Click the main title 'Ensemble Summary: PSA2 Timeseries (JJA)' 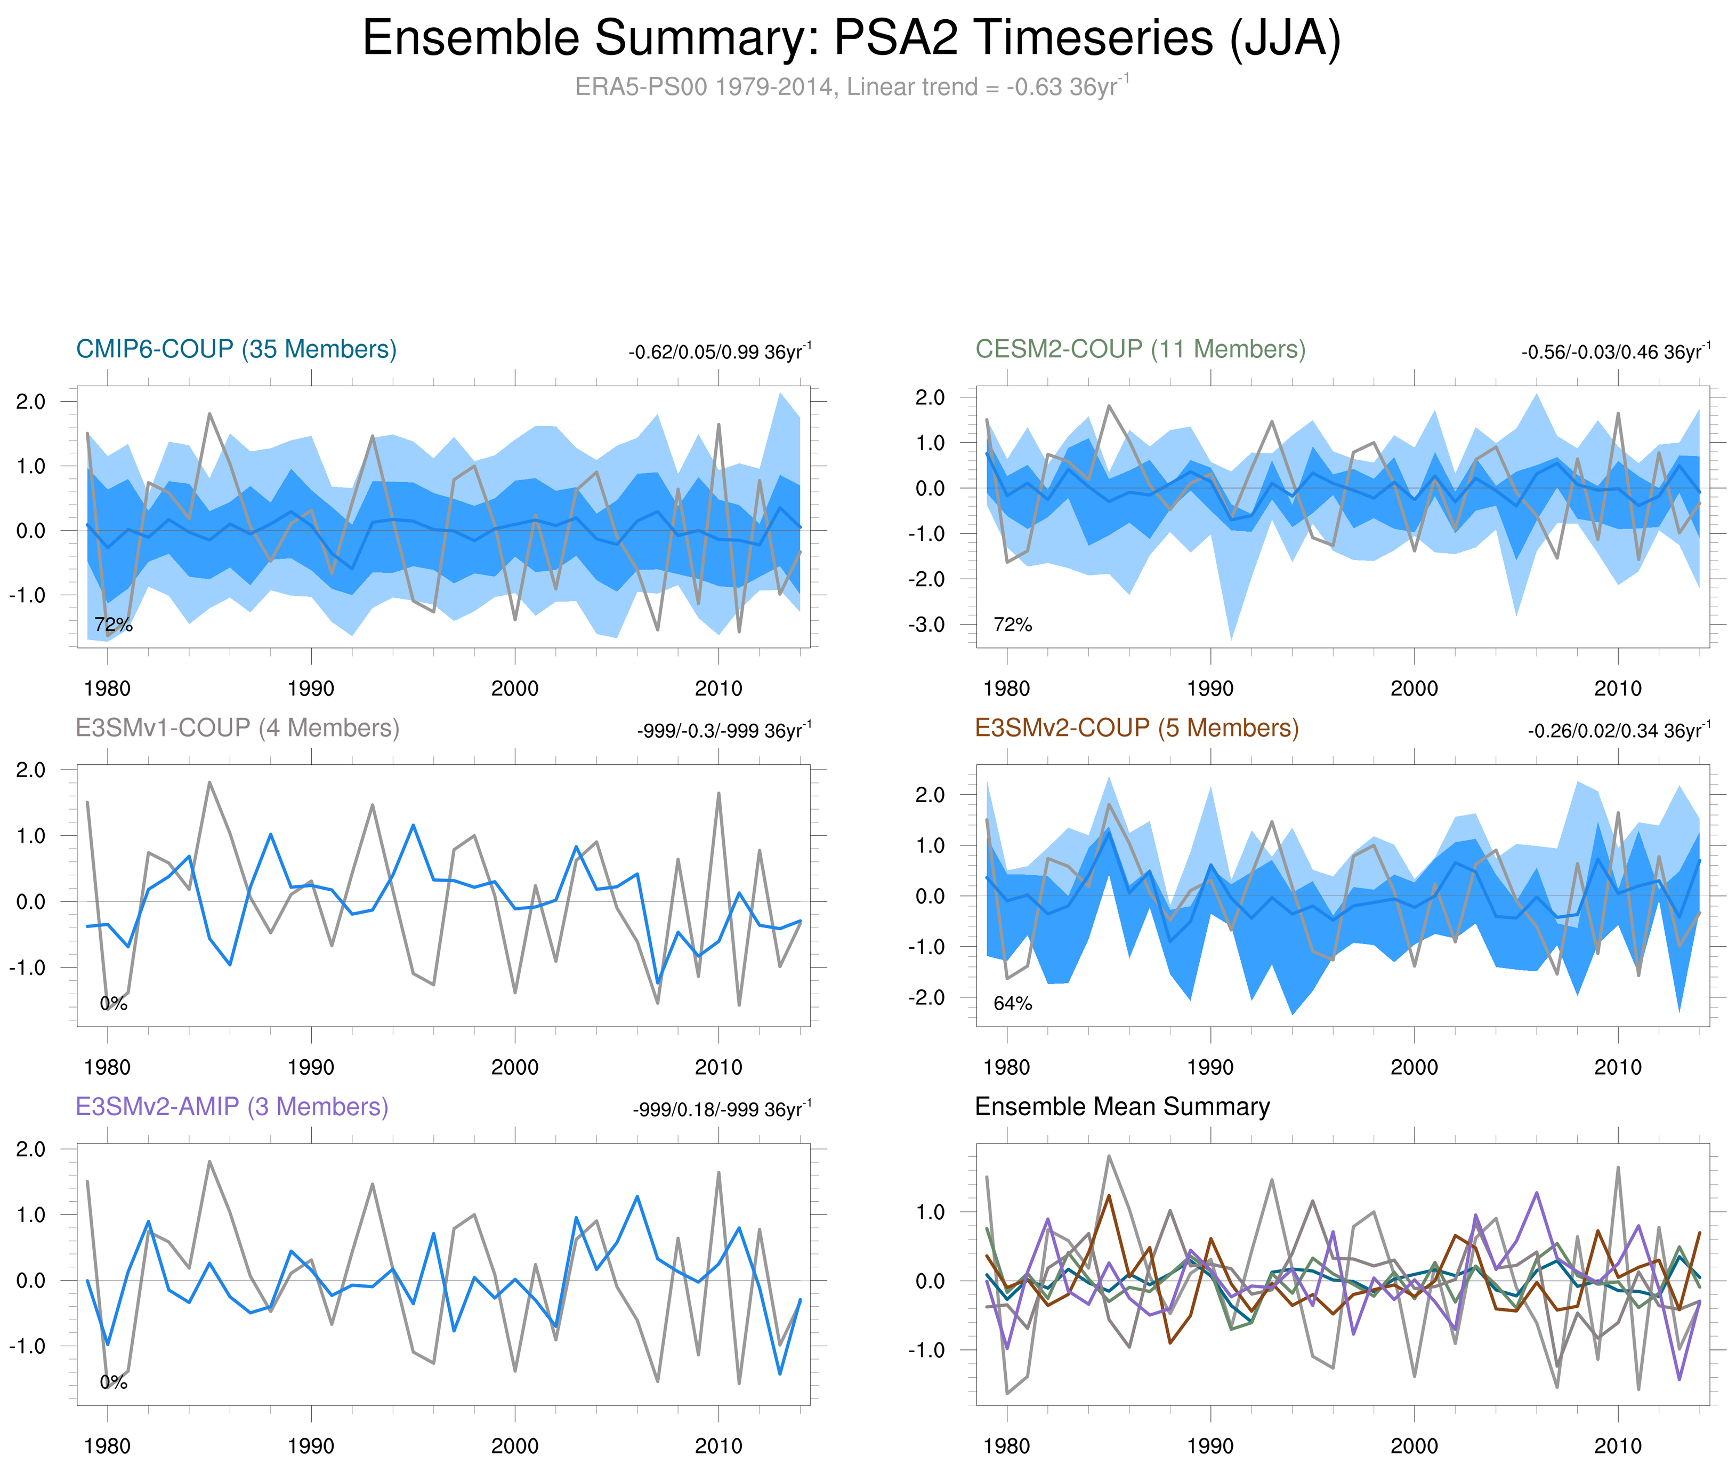coord(851,38)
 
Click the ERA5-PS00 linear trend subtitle coord(851,87)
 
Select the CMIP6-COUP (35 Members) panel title coord(236,349)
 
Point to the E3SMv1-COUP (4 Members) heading coord(237,728)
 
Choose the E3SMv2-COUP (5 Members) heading coord(1136,728)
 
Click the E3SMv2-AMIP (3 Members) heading coord(232,1107)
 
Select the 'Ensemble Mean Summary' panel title coord(1122,1107)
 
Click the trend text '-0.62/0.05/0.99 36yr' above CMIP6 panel coord(719,352)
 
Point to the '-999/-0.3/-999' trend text coord(723,731)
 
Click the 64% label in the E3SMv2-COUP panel coord(1013,1003)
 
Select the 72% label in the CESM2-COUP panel coord(1013,625)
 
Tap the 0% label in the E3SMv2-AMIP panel coord(114,1382)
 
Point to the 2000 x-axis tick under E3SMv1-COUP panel coord(514,1067)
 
